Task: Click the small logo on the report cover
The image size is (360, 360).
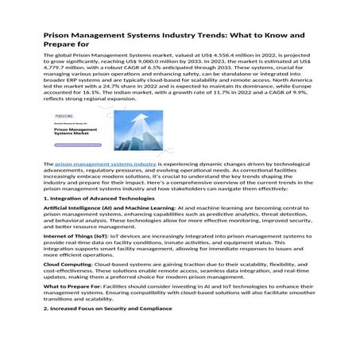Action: [66, 114]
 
